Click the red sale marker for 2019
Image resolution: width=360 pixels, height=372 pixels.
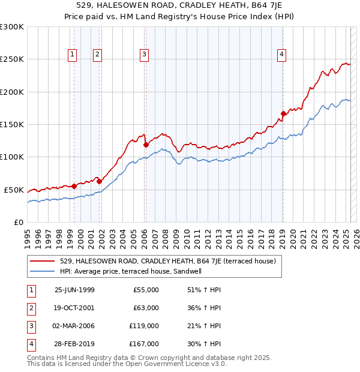283,113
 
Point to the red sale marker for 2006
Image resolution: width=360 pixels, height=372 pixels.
146,145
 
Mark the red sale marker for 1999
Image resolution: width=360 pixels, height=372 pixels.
74,186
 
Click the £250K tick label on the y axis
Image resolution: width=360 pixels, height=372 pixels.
12,59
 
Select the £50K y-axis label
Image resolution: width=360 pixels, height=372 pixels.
14,190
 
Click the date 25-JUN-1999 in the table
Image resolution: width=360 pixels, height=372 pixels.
74,290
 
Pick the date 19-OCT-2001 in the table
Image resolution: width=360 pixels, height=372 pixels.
74,308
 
